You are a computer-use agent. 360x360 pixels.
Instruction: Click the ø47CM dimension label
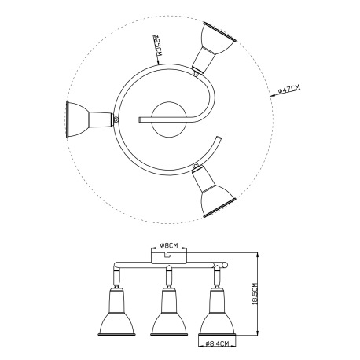tap(288, 89)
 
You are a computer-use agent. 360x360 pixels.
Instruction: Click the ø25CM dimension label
tap(156, 45)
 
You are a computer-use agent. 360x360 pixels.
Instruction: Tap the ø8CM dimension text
tap(169, 245)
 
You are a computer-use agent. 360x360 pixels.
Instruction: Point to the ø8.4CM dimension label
tap(217, 343)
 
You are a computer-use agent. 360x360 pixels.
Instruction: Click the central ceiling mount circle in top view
tap(169, 119)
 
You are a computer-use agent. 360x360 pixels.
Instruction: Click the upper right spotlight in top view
tap(213, 47)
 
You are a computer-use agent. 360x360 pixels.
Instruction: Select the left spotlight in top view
tap(90, 119)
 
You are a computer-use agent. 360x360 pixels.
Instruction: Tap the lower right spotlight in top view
tap(213, 191)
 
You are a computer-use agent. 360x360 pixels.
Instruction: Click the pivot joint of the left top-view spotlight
tap(116, 119)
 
